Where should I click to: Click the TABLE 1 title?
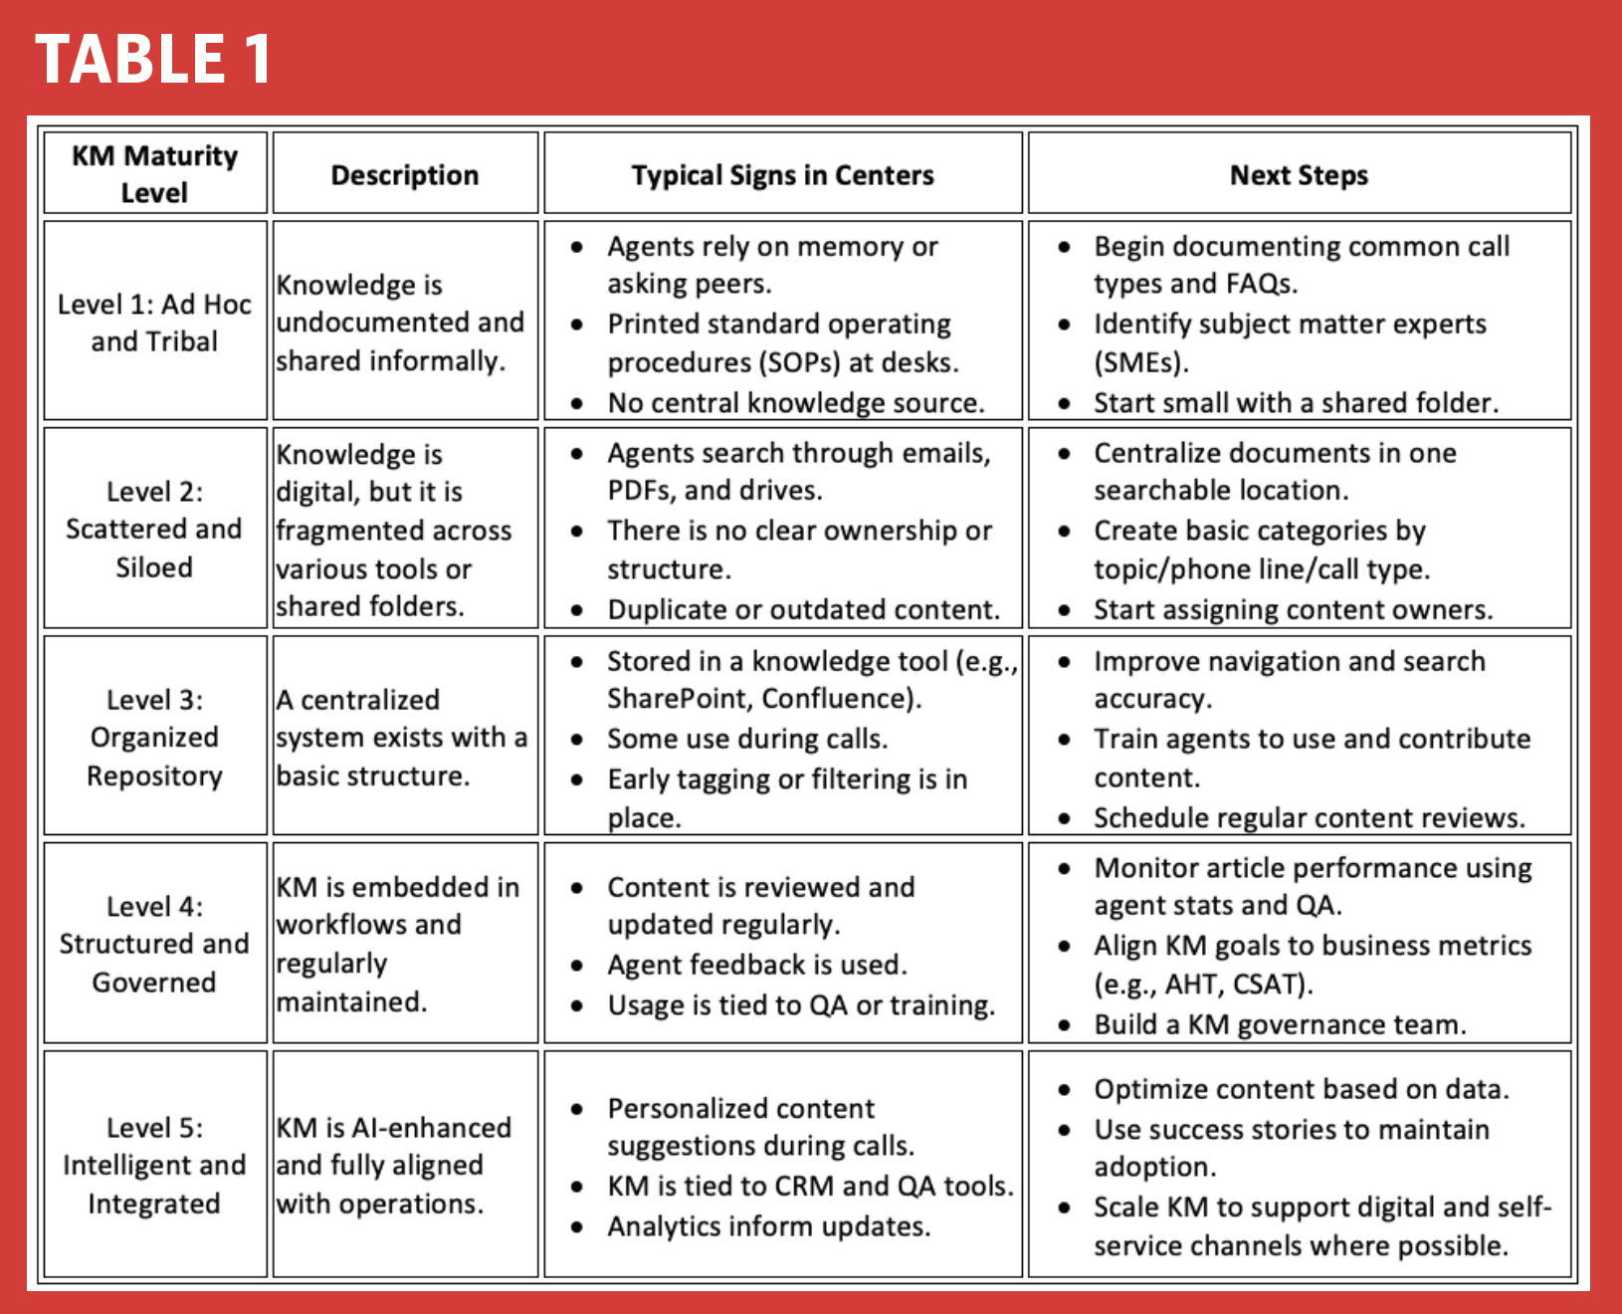pos(153,59)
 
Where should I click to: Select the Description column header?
pos(405,175)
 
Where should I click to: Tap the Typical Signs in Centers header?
pos(782,175)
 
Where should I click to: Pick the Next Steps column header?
pos(1299,175)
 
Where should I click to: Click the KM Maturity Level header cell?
pos(154,174)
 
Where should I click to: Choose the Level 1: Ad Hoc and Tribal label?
pos(154,323)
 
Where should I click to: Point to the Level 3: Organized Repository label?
pos(154,738)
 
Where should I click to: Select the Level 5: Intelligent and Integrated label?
pos(154,1165)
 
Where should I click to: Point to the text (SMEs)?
pos(1140,362)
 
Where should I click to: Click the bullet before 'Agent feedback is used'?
pos(577,966)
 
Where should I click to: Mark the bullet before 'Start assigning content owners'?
pos(1065,610)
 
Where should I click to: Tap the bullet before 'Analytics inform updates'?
pos(577,1227)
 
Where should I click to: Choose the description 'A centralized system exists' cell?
pos(402,738)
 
